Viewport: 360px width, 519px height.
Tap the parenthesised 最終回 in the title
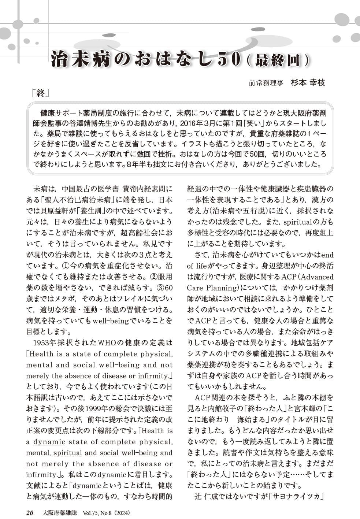click(x=278, y=60)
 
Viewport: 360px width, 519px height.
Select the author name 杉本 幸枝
click(x=308, y=82)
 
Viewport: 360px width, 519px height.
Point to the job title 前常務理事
click(x=266, y=83)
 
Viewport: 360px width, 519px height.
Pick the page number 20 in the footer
click(x=30, y=513)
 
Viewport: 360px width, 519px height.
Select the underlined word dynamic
click(x=49, y=442)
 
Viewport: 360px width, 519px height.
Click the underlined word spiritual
click(x=68, y=453)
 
